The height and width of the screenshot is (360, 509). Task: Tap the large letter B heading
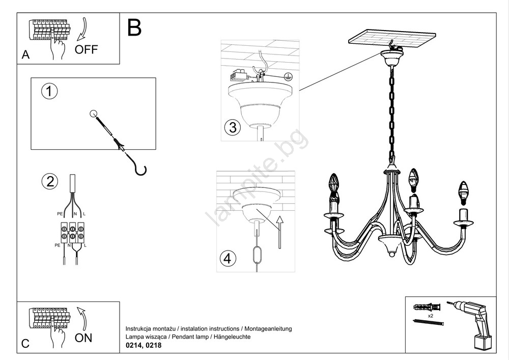[x=134, y=28]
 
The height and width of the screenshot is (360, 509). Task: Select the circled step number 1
[x=49, y=92]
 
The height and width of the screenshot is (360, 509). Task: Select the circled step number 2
[x=49, y=182]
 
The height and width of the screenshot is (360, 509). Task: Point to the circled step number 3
[x=232, y=127]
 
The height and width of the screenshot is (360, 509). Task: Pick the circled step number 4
[x=228, y=258]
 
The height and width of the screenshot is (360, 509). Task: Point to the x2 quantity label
[x=430, y=316]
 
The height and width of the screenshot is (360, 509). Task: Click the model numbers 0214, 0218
[x=144, y=345]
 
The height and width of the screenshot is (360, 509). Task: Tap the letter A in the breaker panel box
[x=25, y=56]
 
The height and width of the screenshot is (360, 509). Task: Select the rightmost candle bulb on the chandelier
[x=463, y=190]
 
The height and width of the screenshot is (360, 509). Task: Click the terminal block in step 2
[x=72, y=231]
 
